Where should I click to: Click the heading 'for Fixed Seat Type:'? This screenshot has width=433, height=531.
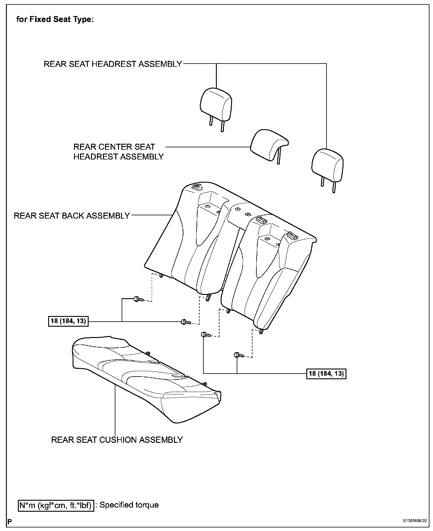[55, 20]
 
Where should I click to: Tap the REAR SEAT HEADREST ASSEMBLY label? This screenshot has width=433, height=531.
[113, 64]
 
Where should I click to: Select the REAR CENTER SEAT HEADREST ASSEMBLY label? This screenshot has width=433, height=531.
[118, 151]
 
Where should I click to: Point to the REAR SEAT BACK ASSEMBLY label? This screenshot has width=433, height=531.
[72, 216]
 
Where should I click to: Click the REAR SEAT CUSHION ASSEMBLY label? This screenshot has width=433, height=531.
[117, 440]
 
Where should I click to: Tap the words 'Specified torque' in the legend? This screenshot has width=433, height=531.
[129, 505]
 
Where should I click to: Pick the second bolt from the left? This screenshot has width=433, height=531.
[185, 322]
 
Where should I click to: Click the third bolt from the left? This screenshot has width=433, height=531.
[205, 335]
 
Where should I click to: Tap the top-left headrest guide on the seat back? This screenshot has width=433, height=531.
[197, 187]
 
